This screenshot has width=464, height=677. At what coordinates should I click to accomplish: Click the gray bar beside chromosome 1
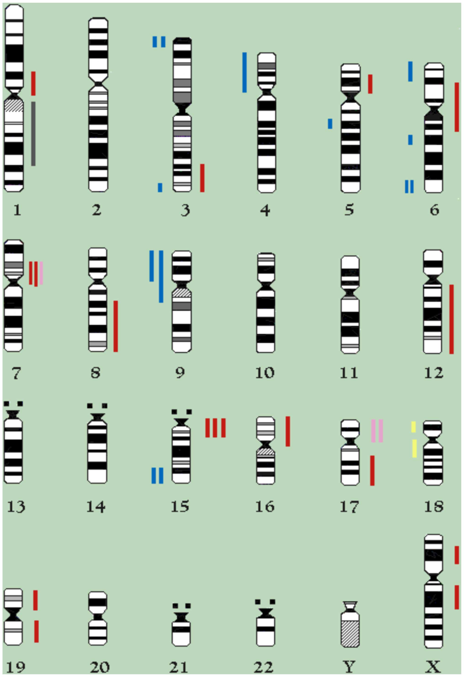[34, 134]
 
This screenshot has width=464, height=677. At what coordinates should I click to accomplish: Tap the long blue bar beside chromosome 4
[244, 72]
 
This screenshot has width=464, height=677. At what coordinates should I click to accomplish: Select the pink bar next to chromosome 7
[41, 273]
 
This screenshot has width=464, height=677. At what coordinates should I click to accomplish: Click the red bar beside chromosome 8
[116, 326]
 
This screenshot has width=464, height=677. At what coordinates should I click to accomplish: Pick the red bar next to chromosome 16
[288, 431]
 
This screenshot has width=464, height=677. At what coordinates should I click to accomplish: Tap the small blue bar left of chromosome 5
[330, 123]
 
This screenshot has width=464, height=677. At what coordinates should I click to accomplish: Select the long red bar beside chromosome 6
[457, 107]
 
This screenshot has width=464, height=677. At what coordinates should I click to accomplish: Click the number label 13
[16, 507]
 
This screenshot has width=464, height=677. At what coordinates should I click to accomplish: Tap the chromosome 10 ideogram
[265, 303]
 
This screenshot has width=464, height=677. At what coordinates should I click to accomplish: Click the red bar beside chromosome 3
[202, 178]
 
